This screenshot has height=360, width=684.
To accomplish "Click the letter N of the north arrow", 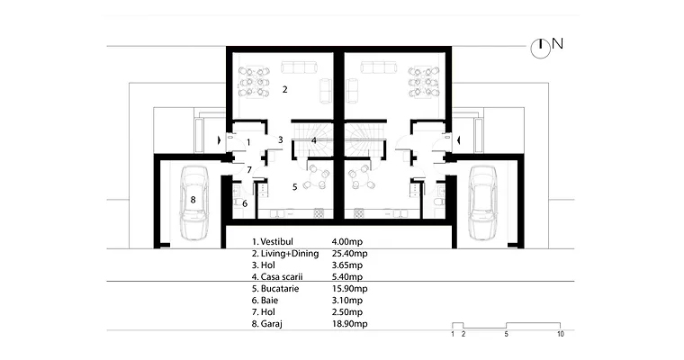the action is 557,43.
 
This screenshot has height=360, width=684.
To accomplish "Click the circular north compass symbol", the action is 541,49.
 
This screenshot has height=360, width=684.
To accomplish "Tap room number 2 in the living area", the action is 285,89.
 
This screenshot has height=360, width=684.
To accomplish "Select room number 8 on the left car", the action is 193,200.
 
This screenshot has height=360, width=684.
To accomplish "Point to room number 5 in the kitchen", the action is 295,187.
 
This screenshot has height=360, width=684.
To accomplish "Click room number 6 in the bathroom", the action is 245,203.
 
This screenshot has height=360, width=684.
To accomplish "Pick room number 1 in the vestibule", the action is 248,142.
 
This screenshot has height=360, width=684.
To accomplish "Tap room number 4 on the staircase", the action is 313,140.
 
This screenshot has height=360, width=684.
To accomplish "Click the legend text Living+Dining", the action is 290,254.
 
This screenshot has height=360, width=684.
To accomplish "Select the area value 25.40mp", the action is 349,254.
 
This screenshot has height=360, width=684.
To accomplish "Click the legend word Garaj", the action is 271,324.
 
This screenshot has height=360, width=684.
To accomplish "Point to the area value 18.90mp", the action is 349,324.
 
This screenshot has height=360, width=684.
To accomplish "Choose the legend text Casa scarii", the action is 282,276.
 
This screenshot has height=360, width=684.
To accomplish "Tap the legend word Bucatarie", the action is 280,288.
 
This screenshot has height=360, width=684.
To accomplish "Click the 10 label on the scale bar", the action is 561,334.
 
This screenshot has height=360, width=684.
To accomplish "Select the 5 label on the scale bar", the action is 507,334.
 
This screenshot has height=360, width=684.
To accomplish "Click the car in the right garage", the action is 482,202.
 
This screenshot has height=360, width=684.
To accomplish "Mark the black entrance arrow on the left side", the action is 219,140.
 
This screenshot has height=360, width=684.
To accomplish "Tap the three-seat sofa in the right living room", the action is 379,67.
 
